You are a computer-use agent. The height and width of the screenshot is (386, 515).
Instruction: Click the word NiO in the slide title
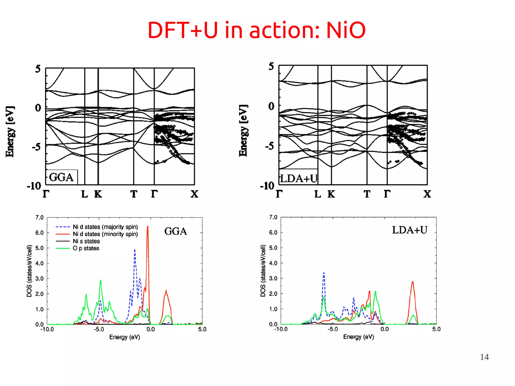[x=346, y=30]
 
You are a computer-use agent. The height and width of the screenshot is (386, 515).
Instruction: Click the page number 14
[x=484, y=357]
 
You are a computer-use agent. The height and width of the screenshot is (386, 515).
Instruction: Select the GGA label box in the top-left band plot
[x=61, y=177]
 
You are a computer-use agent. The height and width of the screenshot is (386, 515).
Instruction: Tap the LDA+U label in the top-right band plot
[x=299, y=179]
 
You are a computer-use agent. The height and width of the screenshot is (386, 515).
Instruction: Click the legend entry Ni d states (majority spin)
[x=105, y=227]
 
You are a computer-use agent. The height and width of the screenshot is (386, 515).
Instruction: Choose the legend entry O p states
[x=86, y=248]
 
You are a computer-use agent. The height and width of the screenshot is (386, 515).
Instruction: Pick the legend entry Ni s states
[x=86, y=241]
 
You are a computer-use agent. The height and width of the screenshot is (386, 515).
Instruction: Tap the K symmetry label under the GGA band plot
[x=98, y=194]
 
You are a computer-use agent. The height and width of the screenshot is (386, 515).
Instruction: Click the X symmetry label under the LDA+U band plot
[x=427, y=194]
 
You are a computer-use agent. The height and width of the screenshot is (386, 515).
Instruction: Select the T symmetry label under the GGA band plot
[x=134, y=194]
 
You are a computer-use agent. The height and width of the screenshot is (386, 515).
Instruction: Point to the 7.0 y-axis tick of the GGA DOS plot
[x=39, y=217]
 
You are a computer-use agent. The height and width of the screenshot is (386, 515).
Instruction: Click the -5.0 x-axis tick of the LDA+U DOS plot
[x=332, y=329]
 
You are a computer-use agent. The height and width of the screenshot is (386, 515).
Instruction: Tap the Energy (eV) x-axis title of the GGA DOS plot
[x=124, y=337]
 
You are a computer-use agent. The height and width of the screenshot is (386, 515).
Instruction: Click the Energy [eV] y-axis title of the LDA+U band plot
[x=243, y=131]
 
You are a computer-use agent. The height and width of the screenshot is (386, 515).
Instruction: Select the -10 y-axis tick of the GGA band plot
[x=34, y=186]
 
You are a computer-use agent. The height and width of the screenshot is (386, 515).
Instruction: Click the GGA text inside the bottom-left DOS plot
[x=176, y=231]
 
